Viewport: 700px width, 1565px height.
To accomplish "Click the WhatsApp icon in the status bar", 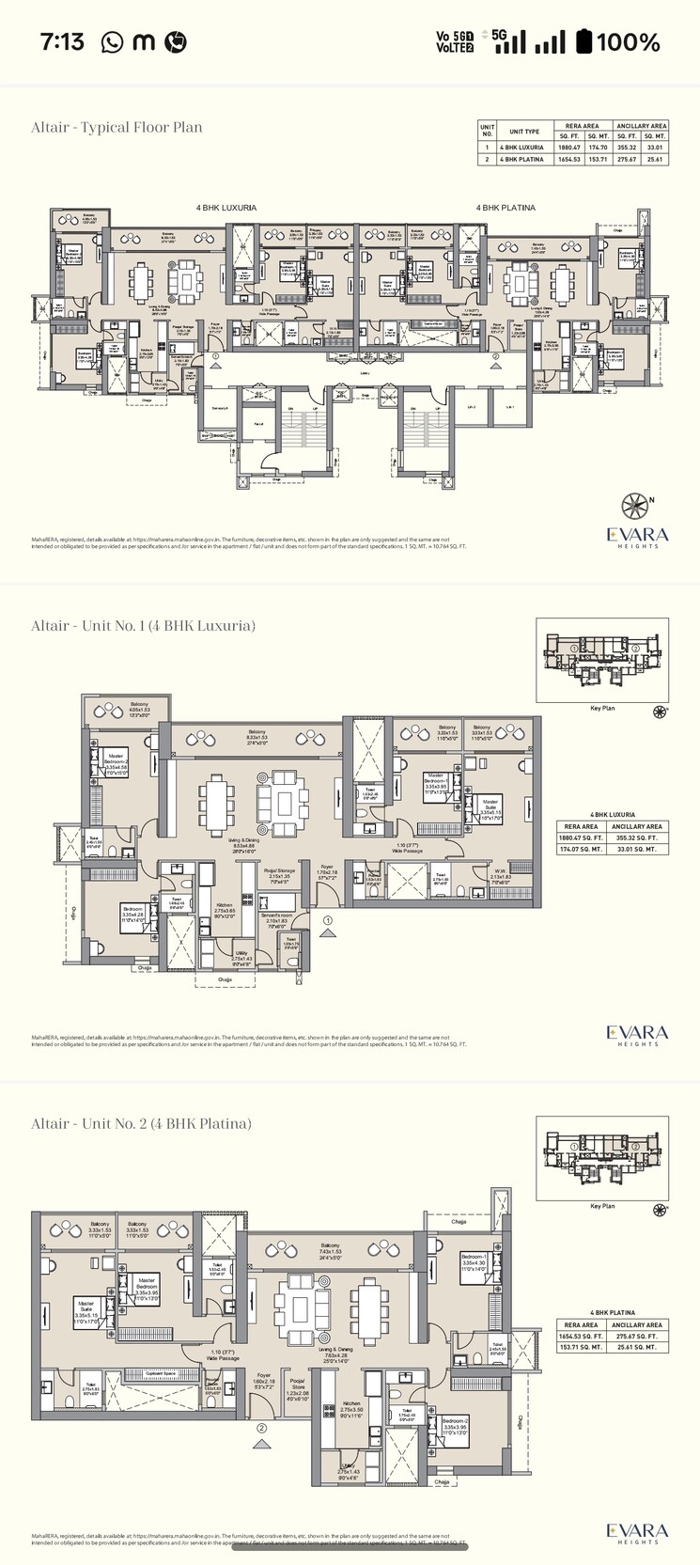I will point(112,41).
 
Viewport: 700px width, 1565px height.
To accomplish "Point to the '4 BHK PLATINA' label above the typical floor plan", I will point(505,208).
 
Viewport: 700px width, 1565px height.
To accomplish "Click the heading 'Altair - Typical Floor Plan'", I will point(117,128).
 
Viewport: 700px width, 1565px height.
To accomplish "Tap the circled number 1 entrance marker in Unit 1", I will point(327,919).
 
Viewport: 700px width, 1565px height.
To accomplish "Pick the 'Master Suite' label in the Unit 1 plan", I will point(490,805).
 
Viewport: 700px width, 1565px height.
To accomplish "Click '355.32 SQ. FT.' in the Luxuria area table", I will point(636,837).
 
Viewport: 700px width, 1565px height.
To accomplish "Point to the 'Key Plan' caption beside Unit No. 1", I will point(601,708).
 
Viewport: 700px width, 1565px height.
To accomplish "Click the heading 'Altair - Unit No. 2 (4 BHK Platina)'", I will point(141,1123).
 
